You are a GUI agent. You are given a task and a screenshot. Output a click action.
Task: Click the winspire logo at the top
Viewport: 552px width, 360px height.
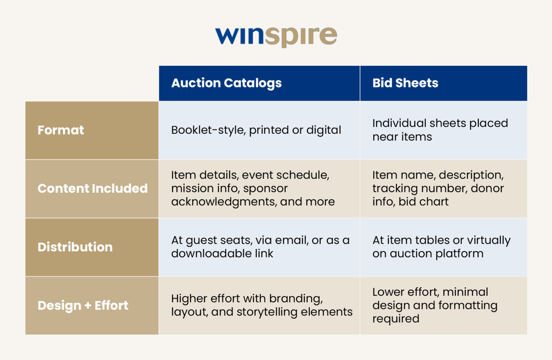pos(276,36)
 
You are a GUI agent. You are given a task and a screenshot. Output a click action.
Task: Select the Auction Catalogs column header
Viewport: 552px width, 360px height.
pos(226,83)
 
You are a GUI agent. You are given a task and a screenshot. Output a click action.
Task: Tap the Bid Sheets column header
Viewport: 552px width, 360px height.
pos(405,83)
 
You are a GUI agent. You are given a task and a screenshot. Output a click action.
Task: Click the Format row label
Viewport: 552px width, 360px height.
pos(61,130)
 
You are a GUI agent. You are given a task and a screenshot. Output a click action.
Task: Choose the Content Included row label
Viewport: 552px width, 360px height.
pos(92,188)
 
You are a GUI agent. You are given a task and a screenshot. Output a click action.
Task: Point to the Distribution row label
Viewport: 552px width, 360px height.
pos(75,247)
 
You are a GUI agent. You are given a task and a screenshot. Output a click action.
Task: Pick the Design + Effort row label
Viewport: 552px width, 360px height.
pos(83,306)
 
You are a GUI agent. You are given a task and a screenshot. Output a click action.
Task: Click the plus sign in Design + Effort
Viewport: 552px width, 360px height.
pos(88,306)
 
